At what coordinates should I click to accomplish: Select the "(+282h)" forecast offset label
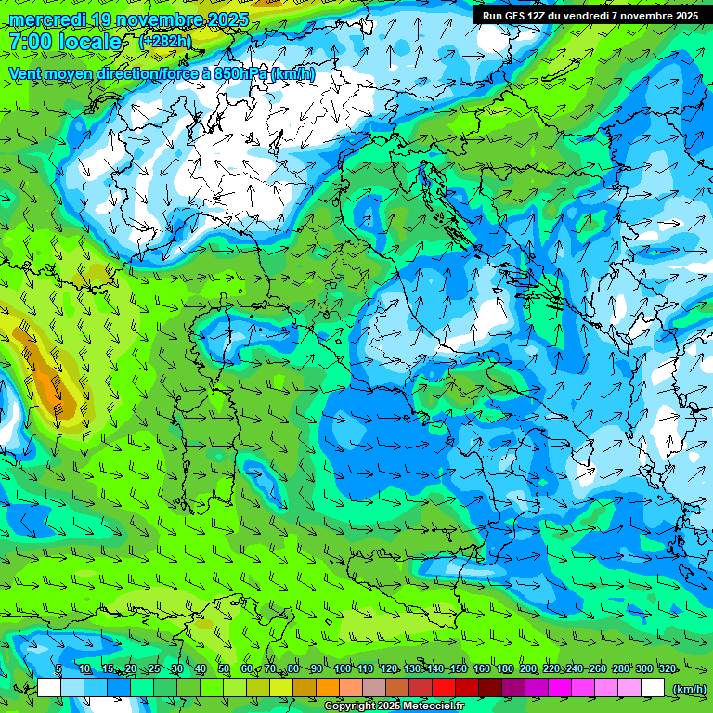tap(165, 41)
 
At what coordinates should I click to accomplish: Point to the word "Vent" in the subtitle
tap(28, 73)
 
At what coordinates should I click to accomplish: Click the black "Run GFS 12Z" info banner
tap(590, 15)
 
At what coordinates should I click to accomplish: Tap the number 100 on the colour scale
tap(343, 669)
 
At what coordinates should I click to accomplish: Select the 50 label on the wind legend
tap(224, 669)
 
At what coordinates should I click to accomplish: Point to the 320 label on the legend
tap(668, 669)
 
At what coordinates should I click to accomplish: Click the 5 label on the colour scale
tap(58, 669)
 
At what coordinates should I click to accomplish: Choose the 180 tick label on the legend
tap(505, 669)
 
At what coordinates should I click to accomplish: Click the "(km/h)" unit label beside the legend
tap(689, 688)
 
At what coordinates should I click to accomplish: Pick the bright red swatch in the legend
tap(444, 687)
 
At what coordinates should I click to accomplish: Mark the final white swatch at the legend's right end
tap(653, 687)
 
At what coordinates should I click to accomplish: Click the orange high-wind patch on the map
tap(51, 381)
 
